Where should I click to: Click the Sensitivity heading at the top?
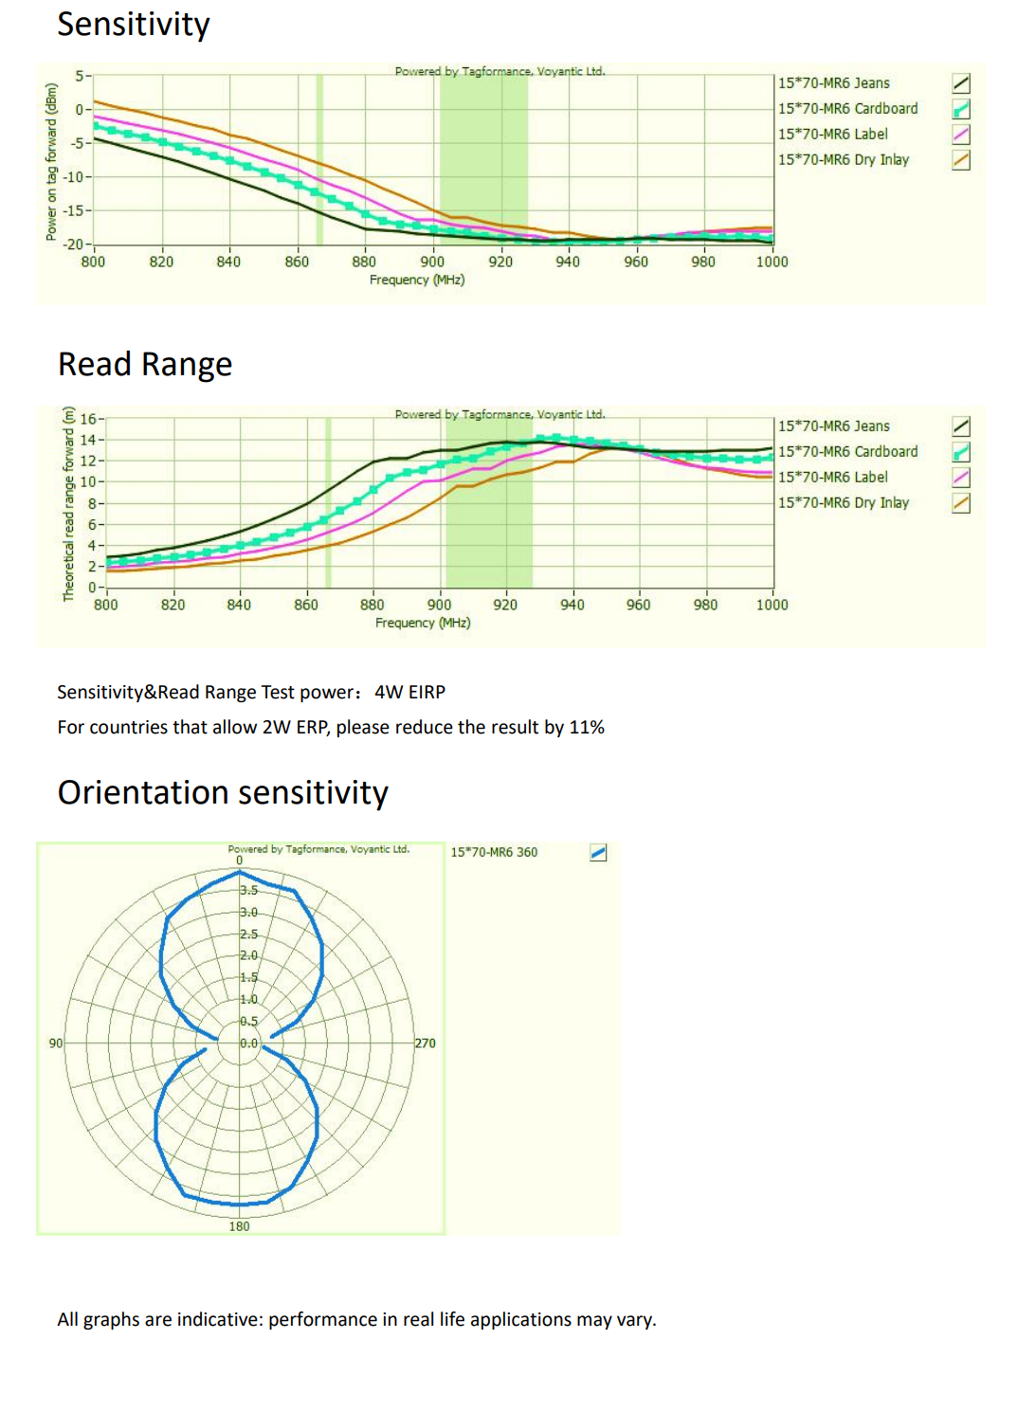point(133,26)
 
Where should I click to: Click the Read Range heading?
point(145,364)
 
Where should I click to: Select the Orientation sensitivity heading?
point(223,791)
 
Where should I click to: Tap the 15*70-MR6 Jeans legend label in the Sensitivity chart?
point(833,83)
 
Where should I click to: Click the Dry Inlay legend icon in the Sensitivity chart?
point(961,160)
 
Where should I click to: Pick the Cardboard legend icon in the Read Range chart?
point(961,452)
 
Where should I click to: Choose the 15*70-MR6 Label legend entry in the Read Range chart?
point(832,478)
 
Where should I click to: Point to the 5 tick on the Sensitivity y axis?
point(80,76)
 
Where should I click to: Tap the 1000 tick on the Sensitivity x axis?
point(772,262)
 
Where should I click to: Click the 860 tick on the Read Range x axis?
point(306,606)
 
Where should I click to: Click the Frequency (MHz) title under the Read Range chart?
point(423,623)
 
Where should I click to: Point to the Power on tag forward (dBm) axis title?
point(52,162)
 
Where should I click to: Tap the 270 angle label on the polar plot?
point(425,1043)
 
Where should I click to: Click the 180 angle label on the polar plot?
point(239,1226)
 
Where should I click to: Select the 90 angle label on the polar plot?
point(56,1043)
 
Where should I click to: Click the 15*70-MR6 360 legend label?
point(494,852)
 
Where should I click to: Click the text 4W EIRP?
point(409,692)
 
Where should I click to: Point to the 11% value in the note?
point(587,728)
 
